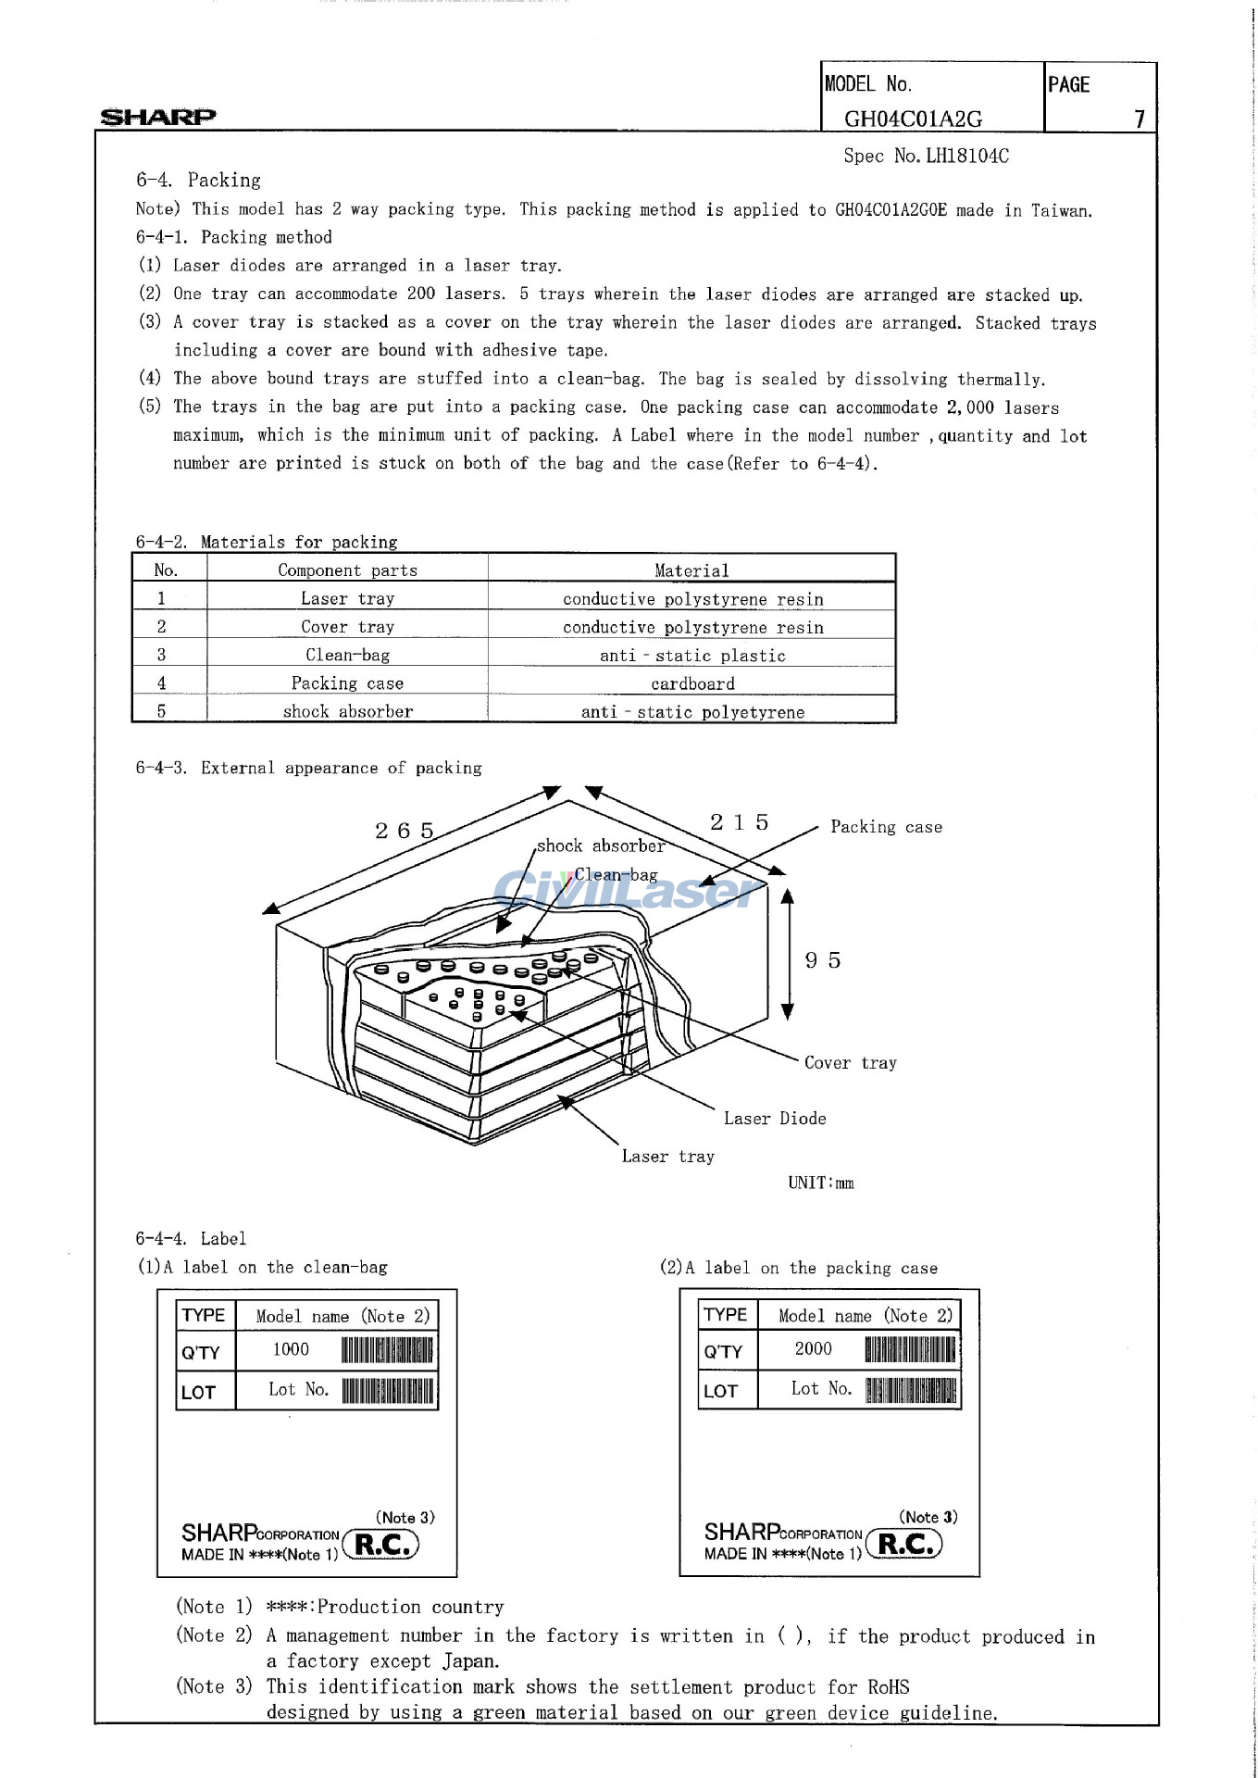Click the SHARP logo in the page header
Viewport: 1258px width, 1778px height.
(x=157, y=117)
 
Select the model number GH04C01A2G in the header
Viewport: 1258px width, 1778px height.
(x=913, y=119)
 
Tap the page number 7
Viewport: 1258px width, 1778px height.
(x=1140, y=119)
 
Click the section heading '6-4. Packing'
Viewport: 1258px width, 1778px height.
(x=198, y=180)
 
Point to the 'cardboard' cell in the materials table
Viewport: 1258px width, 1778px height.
(x=692, y=683)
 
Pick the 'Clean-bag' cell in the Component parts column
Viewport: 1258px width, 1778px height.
(x=347, y=655)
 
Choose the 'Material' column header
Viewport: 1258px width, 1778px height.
(x=691, y=570)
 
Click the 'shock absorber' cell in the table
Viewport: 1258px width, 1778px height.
(x=347, y=711)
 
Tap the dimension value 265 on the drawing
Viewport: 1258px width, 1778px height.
(x=405, y=831)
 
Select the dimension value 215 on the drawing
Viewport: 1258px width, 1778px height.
(x=740, y=822)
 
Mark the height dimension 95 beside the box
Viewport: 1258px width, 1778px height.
(x=823, y=960)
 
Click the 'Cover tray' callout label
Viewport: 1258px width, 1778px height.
(x=850, y=1063)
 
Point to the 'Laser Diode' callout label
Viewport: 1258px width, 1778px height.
(x=775, y=1119)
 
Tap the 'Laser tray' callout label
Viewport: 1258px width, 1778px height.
(x=667, y=1157)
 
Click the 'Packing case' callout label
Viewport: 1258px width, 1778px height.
(x=886, y=827)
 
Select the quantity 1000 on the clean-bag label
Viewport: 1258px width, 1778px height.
(x=291, y=1349)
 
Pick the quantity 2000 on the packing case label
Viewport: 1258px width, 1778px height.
(x=813, y=1348)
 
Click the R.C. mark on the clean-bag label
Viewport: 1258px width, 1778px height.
(x=382, y=1545)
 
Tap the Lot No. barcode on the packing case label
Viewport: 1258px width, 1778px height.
(x=911, y=1390)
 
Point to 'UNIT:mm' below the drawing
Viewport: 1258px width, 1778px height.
(x=820, y=1183)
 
